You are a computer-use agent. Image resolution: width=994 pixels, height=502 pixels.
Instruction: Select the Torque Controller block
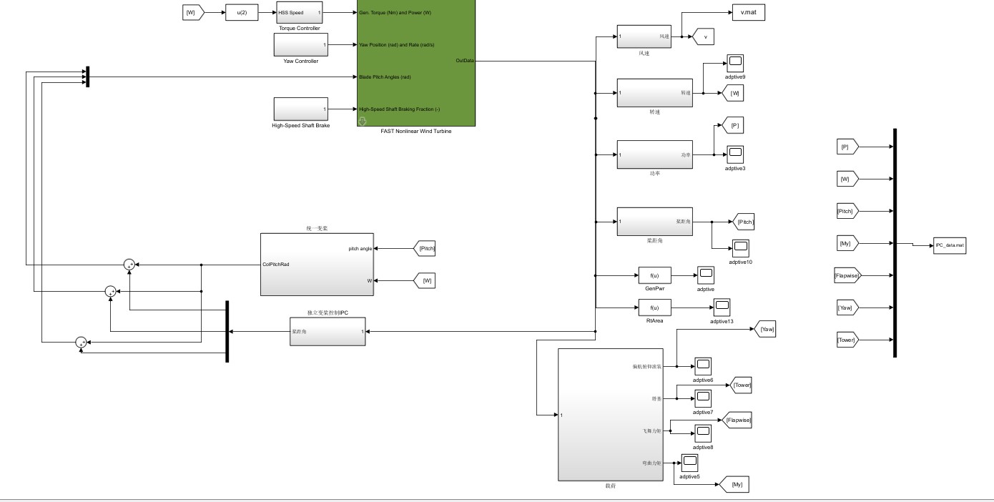299,12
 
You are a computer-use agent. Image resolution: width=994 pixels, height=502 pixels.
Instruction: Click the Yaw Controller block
300,44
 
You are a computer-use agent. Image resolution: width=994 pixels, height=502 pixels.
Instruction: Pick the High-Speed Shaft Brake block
300,109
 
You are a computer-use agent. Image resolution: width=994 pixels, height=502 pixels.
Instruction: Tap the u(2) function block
241,12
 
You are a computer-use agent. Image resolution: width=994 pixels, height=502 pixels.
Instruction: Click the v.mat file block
748,12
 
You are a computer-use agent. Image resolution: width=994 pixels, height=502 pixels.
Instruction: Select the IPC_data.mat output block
950,245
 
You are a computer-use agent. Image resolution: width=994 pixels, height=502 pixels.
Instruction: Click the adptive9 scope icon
735,62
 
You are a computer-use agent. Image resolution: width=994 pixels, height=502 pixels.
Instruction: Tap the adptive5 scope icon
689,463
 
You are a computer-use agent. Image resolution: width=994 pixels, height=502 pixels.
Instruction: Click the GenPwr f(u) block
654,275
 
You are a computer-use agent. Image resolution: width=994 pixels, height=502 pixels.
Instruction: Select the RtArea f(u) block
654,308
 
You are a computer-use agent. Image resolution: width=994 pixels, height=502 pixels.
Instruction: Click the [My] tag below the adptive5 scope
737,485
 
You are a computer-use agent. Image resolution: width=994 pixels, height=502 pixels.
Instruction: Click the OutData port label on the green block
465,61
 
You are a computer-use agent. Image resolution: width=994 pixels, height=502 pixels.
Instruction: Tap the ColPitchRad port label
277,264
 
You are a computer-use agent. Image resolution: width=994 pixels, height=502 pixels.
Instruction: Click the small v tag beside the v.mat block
705,37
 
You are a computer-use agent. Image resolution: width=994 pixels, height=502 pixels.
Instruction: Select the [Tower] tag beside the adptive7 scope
742,385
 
